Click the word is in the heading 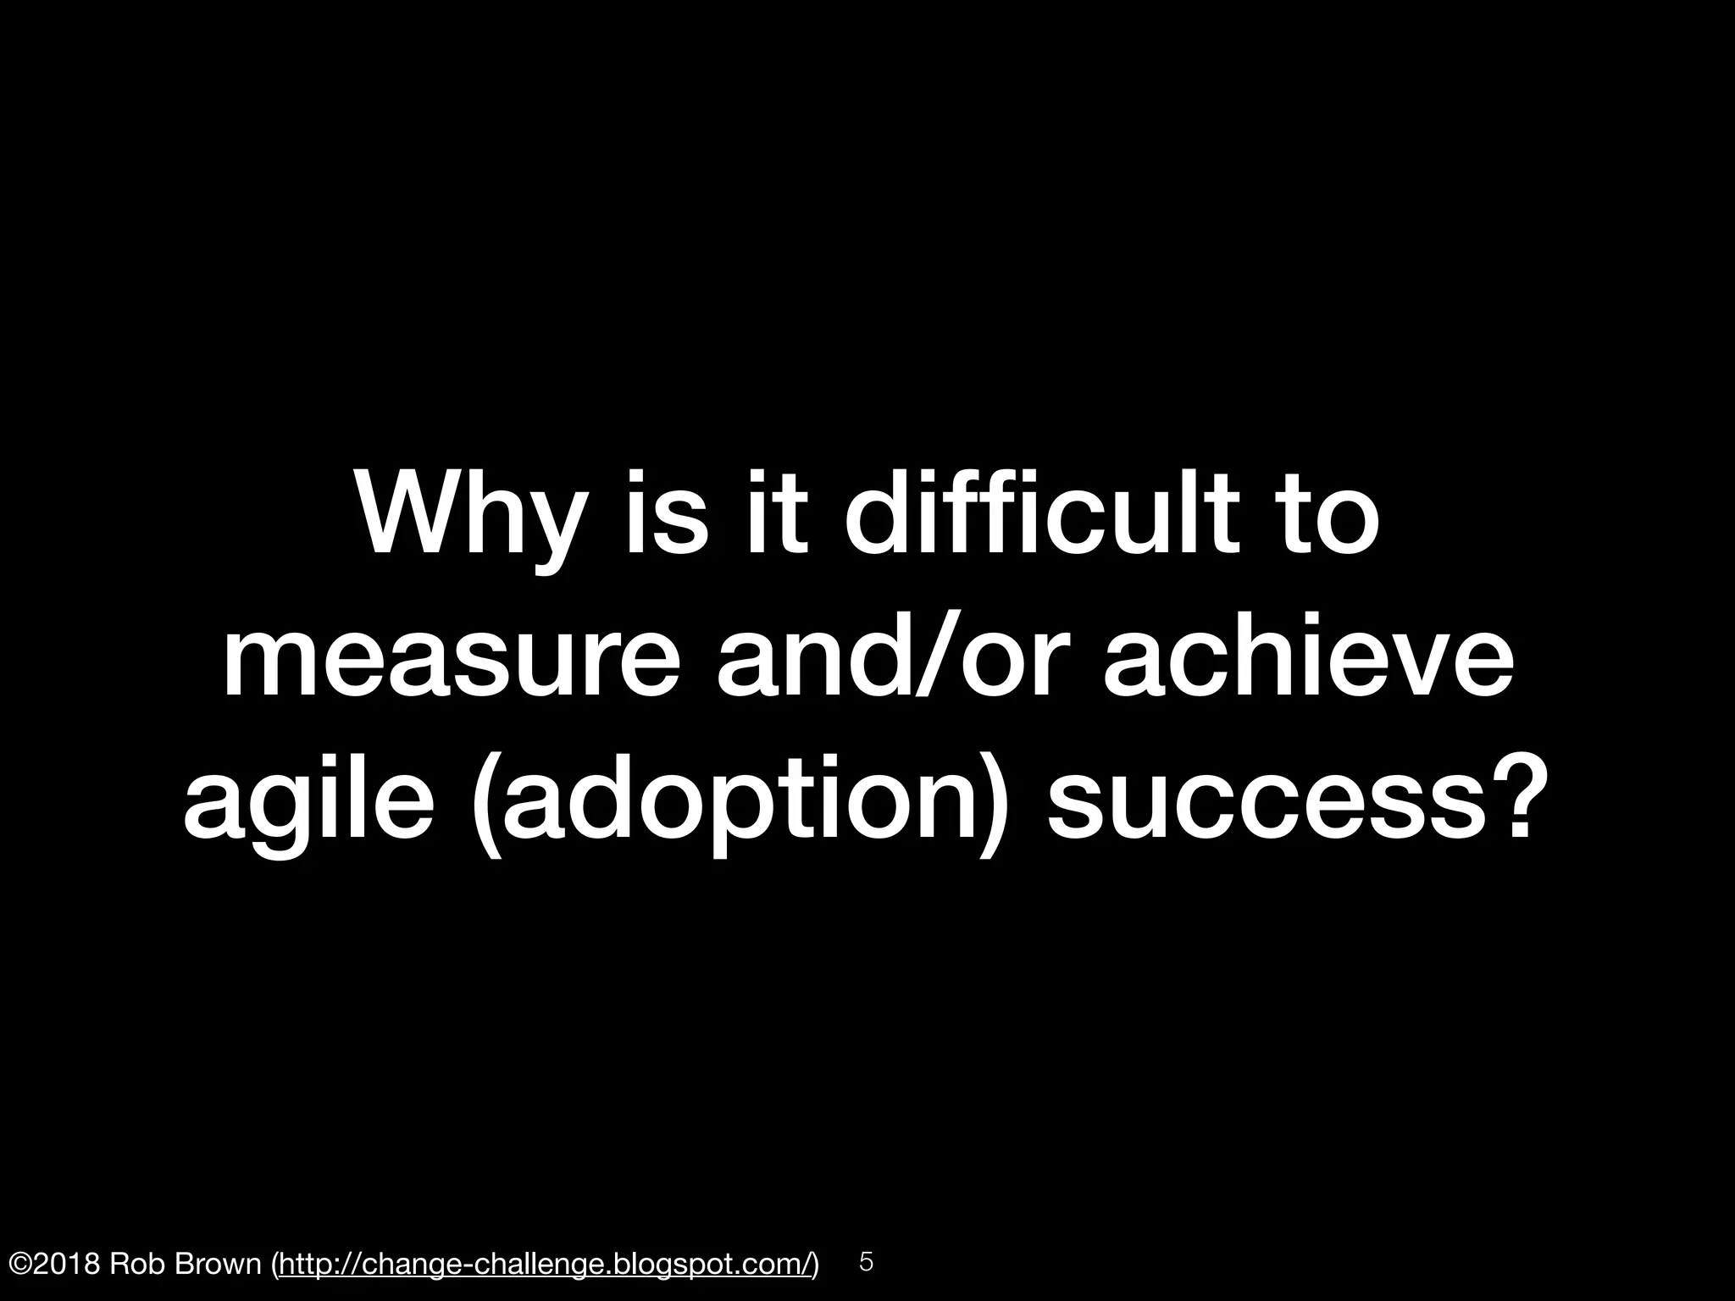666,512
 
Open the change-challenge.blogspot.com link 546,1265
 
